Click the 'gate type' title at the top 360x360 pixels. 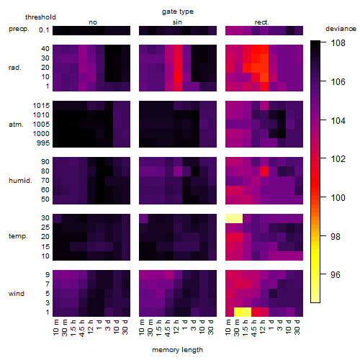[178, 12]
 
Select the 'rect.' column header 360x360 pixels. [261, 22]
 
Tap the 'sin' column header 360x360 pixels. [177, 22]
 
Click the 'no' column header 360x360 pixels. [93, 22]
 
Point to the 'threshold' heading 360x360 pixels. [40, 17]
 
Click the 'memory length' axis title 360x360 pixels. [177, 350]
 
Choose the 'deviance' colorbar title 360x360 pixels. [341, 29]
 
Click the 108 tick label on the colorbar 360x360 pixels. [338, 43]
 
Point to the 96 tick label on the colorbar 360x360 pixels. [336, 274]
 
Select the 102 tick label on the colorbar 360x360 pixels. [338, 159]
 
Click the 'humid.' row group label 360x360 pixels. [20, 181]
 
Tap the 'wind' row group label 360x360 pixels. [17, 294]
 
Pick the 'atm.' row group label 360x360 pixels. [16, 125]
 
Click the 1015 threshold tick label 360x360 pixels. [41, 106]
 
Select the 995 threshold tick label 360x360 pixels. [43, 143]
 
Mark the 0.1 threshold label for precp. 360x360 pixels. [44, 30]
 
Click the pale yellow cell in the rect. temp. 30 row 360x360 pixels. [234, 219]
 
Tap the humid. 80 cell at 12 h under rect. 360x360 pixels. [264, 171]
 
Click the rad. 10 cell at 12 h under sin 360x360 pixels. [178, 77]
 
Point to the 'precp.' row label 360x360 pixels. [19, 30]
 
